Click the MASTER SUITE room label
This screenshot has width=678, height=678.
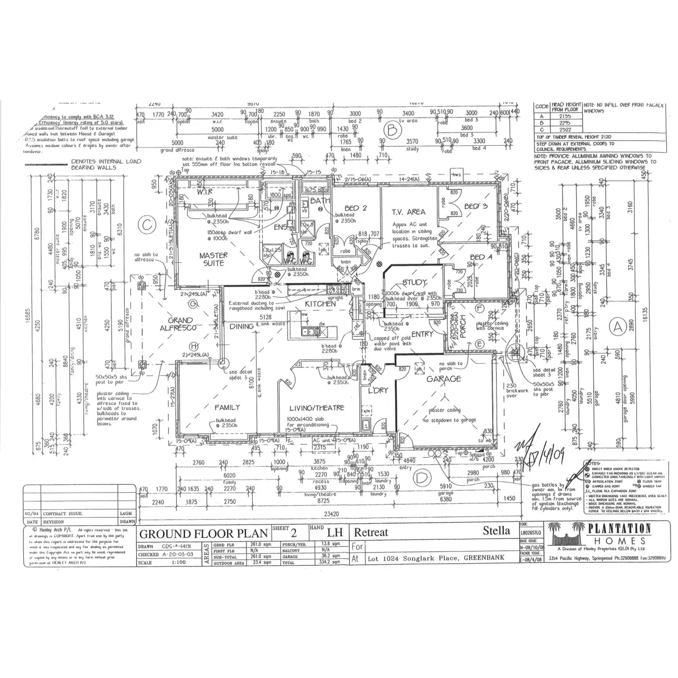coord(213,259)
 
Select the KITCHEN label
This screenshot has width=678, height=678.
coord(321,303)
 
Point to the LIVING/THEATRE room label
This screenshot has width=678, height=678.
coord(317,408)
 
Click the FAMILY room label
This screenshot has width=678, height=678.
coord(227,407)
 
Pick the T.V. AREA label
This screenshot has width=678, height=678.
coord(408,212)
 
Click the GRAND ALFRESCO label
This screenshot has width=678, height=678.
coord(177,324)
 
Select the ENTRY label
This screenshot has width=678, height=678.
coord(423,333)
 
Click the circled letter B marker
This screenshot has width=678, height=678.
coord(389,131)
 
